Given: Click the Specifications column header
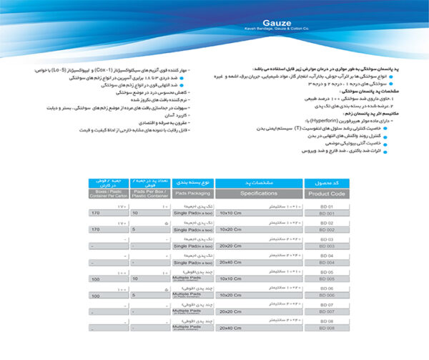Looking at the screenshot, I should click(x=260, y=194).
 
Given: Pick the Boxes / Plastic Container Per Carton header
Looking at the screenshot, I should click(x=107, y=193).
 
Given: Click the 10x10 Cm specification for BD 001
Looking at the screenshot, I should click(x=230, y=213).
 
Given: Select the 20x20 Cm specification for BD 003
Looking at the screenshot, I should click(x=230, y=245).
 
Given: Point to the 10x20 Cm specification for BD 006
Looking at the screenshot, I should click(x=230, y=295).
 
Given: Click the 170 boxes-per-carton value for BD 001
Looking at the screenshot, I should click(x=96, y=213).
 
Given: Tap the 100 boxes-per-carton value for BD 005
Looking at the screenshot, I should click(x=96, y=278).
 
